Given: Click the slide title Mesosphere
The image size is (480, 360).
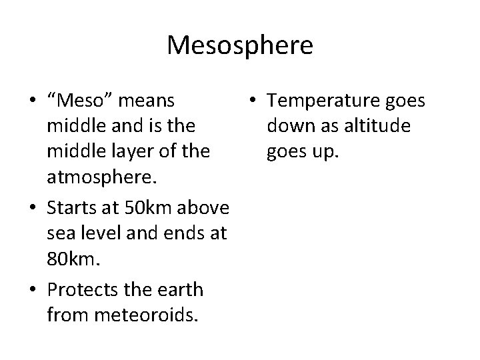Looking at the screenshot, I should click(x=240, y=45).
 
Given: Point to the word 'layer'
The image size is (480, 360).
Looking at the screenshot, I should click(x=127, y=151).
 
